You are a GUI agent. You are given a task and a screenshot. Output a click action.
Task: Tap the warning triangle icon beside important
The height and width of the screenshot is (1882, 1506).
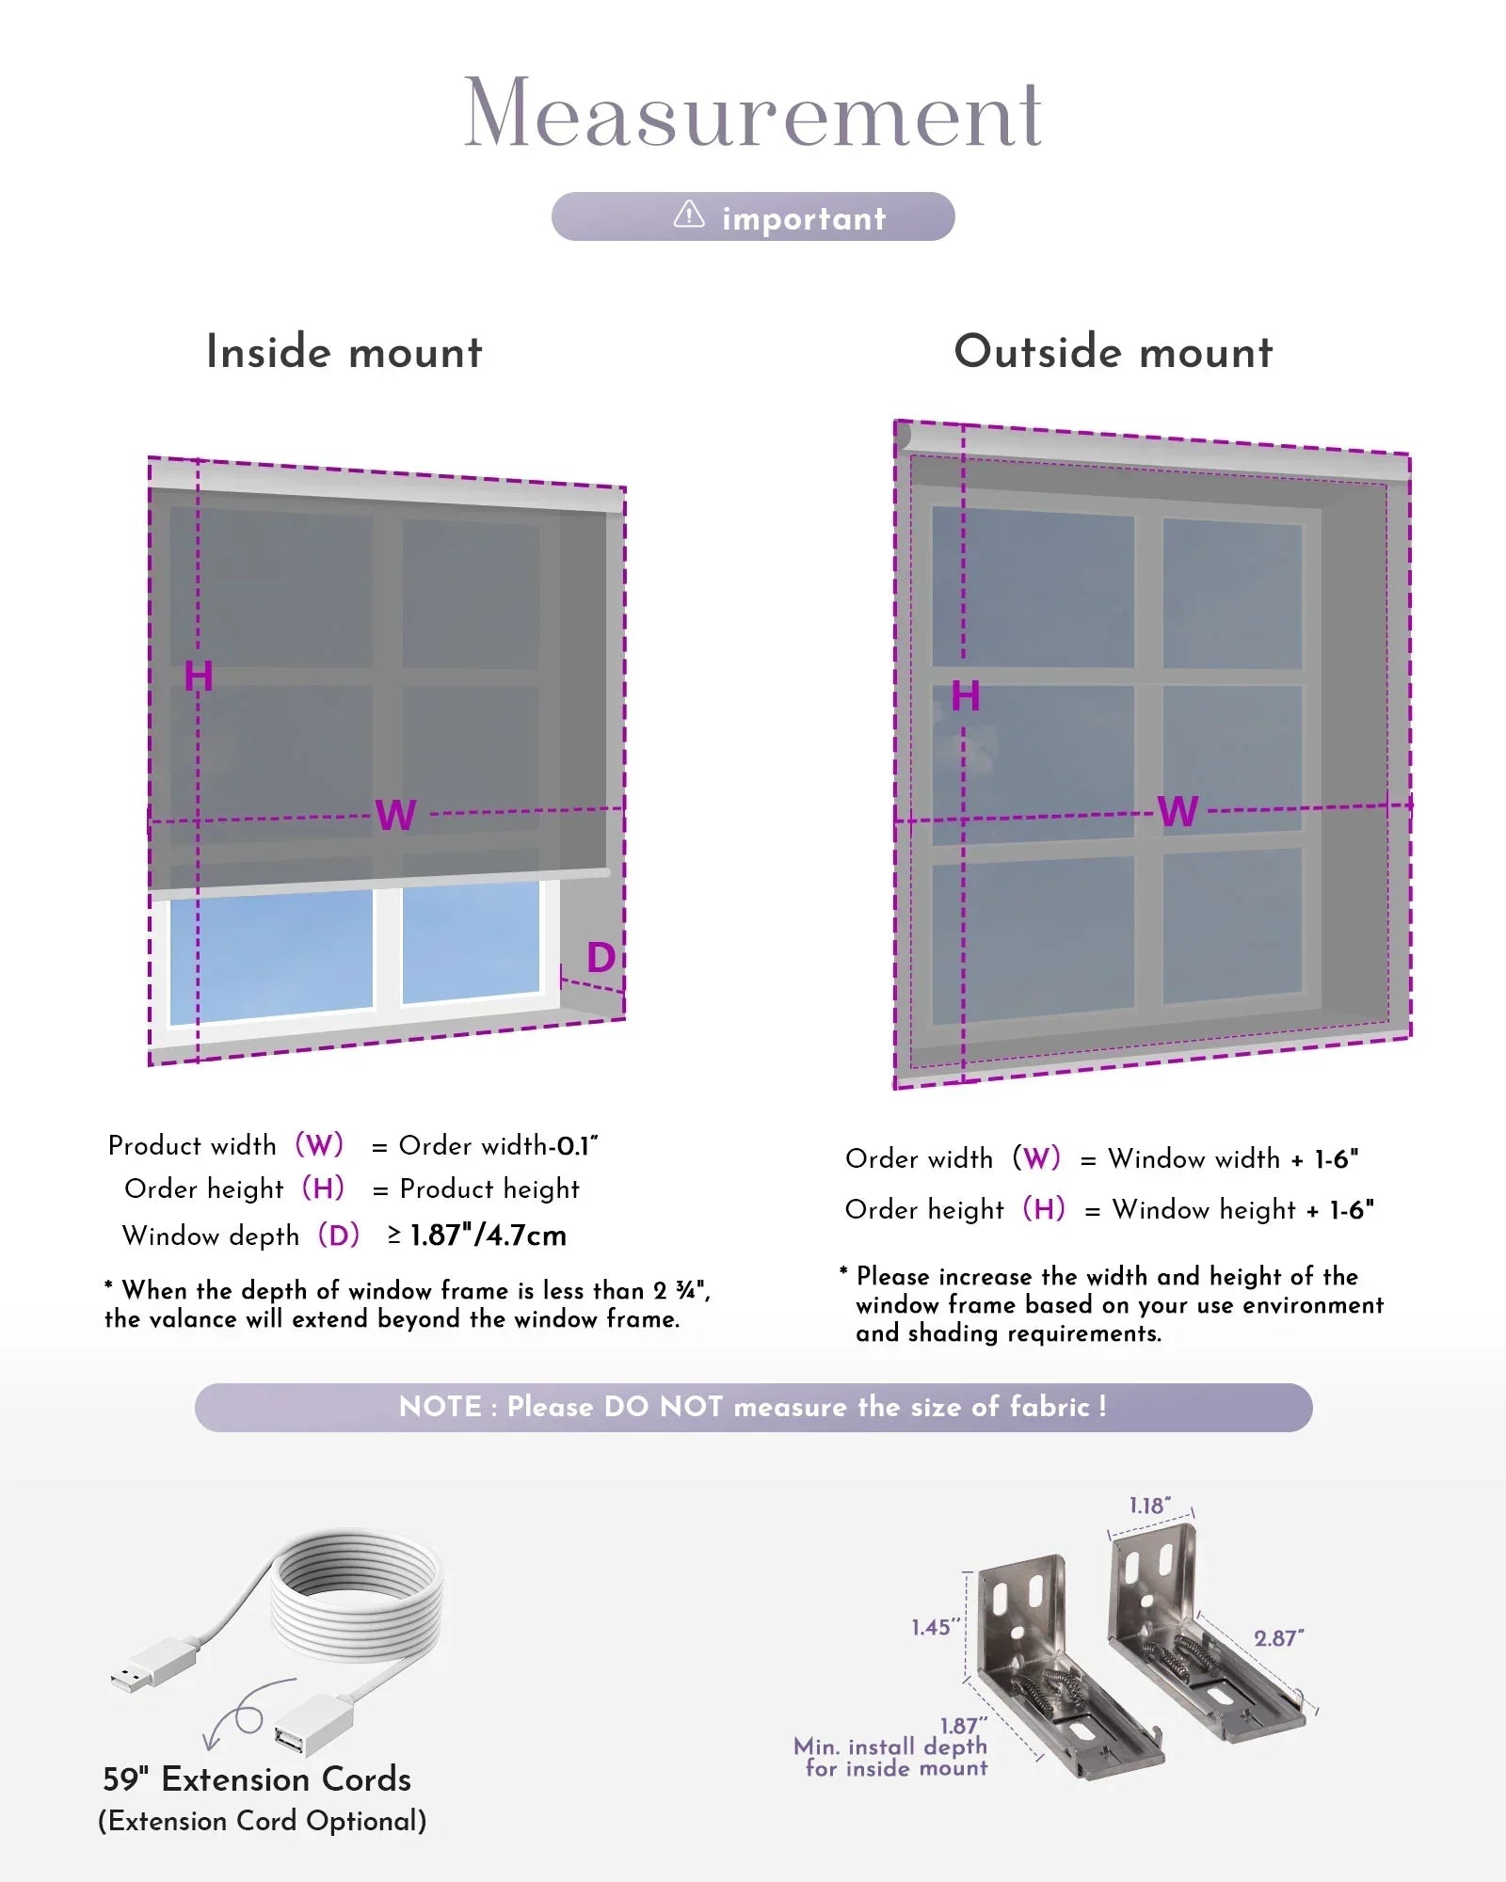[x=689, y=215]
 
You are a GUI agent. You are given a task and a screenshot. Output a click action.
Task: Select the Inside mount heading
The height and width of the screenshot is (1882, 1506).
[x=344, y=352]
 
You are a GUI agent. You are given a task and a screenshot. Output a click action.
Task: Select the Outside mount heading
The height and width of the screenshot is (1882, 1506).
[x=1113, y=352]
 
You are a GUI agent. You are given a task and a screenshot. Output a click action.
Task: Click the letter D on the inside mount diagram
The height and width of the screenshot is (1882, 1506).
[x=601, y=958]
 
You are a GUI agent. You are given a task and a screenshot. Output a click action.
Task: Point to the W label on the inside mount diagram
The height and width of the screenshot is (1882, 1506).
[x=395, y=815]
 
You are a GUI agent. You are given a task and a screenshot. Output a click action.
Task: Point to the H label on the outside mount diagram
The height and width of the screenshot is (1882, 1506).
[x=966, y=696]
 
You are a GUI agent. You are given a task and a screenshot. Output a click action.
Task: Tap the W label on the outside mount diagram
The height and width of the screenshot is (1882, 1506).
[x=1178, y=811]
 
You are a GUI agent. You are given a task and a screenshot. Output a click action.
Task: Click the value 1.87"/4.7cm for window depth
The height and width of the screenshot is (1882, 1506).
[x=488, y=1236]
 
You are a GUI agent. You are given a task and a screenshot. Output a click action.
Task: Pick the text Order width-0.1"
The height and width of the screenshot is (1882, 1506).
[x=499, y=1146]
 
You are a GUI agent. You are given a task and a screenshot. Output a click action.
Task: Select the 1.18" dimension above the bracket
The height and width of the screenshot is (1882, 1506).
[x=1150, y=1506]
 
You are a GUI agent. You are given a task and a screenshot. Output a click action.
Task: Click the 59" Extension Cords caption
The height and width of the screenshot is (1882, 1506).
[x=257, y=1779]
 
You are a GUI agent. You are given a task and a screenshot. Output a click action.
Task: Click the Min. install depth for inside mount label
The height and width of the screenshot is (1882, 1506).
[x=891, y=1757]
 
